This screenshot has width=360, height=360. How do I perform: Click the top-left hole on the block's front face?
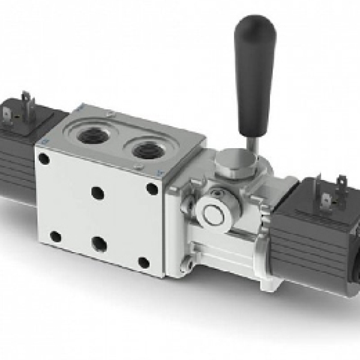(x=44, y=158)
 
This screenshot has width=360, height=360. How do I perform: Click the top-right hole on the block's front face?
(x=152, y=189)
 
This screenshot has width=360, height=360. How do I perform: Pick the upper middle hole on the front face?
(x=97, y=193)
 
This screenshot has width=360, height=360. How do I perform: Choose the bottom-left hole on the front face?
(x=55, y=236)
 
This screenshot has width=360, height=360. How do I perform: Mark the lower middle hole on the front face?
(x=100, y=244)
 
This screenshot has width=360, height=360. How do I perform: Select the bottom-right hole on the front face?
(x=143, y=262)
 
